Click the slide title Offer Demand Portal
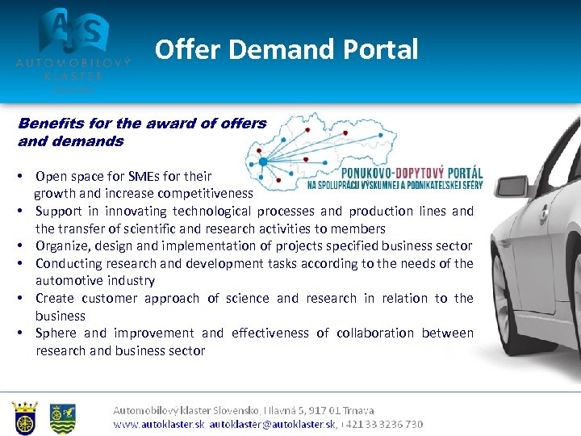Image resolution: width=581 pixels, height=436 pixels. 286,50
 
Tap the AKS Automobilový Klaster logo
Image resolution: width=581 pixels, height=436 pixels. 73,44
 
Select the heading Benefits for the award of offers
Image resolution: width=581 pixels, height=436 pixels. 142,124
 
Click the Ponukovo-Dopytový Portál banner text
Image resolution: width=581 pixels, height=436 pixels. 412,173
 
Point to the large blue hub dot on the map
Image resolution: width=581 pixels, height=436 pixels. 263,161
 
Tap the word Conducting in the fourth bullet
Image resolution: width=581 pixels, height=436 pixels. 69,264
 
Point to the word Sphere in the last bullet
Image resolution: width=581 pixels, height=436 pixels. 56,333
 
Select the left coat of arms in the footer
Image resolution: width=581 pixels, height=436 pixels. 25,417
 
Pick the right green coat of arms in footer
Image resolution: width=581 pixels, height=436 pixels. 63,417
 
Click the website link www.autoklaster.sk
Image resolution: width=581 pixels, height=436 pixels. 158,424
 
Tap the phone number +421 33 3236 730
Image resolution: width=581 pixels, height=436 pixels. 384,424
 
